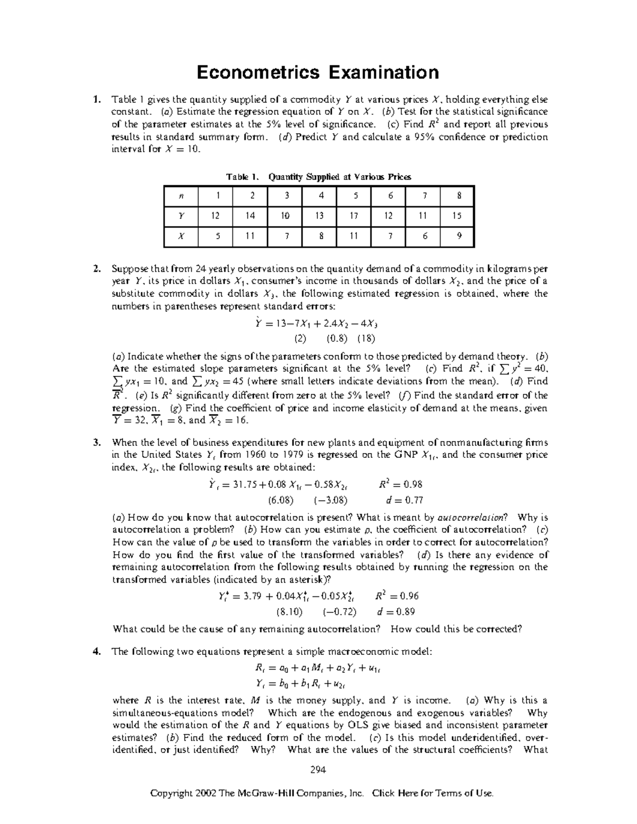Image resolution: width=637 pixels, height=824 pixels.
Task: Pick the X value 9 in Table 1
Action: [x=459, y=236]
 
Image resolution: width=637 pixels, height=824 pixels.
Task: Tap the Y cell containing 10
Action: [x=286, y=215]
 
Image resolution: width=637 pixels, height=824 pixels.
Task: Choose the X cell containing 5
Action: [x=217, y=236]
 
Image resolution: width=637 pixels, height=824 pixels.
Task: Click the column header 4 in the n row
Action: [x=320, y=195]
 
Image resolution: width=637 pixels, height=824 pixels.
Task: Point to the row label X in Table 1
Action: [x=180, y=236]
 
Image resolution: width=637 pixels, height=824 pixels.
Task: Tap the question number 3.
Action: [x=96, y=442]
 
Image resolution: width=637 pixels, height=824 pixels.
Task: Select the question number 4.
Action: [x=96, y=652]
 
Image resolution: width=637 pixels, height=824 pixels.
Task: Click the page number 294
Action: [x=318, y=769]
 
